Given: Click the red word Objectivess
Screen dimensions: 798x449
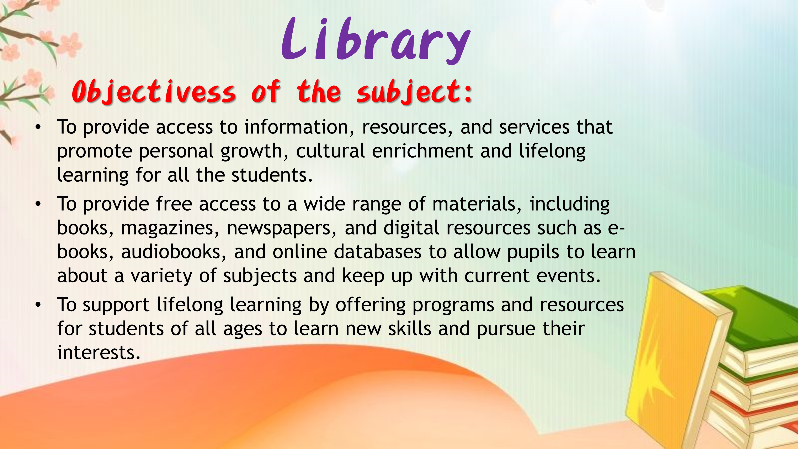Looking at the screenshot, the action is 154,91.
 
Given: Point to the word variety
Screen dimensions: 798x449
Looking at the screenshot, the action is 161,276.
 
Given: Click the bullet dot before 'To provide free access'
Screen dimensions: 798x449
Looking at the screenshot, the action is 38,204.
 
